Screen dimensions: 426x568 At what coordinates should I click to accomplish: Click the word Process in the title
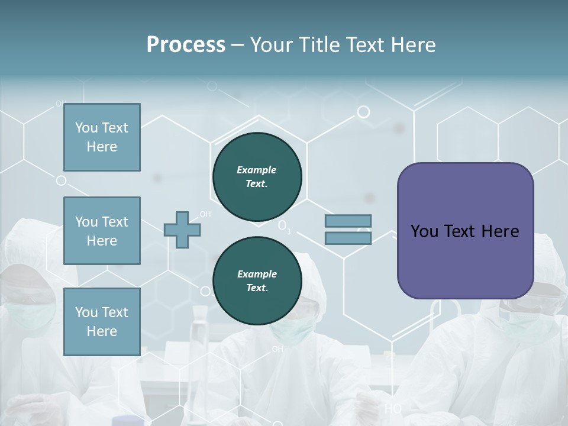186,44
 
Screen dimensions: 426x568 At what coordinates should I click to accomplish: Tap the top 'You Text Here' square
102,137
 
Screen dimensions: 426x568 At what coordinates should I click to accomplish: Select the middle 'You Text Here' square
102,231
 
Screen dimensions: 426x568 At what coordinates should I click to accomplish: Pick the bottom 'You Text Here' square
102,321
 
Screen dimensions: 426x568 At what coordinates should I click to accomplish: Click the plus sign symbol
182,230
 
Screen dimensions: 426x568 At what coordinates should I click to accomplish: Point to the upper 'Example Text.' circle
257,177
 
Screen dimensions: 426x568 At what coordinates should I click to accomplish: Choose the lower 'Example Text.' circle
257,281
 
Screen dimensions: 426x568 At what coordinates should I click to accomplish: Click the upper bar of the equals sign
348,221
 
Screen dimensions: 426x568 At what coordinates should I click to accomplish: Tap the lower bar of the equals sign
348,238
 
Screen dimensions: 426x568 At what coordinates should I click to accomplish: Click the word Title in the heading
320,44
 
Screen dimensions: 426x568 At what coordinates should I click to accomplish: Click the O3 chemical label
284,227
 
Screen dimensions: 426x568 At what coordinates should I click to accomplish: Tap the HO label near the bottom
392,408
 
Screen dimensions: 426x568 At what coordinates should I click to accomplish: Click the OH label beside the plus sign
205,214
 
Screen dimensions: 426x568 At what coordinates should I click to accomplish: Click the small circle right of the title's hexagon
363,111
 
